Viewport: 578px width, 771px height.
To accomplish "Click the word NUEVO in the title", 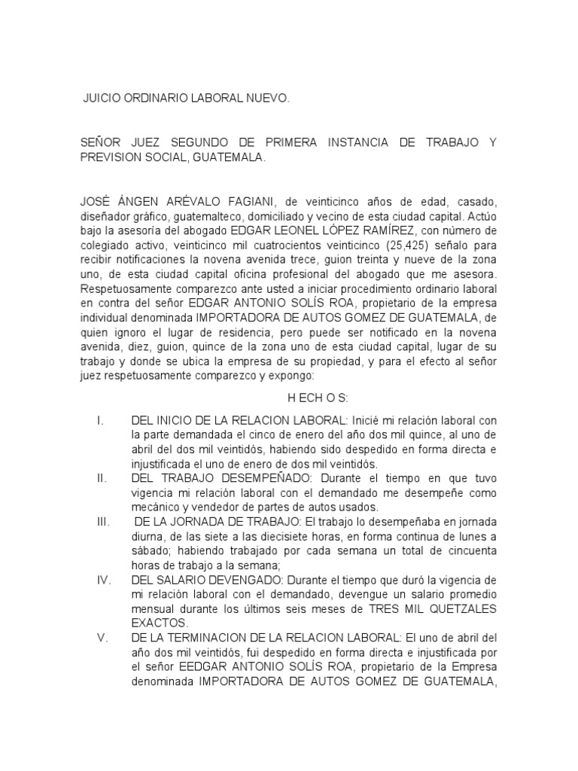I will point(266,99).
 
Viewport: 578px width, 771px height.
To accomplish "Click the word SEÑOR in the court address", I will point(101,142).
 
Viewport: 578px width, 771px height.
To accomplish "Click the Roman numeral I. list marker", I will point(99,420).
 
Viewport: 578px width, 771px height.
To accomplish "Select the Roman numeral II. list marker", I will point(101,478).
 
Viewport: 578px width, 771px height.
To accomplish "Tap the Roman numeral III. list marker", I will point(102,522).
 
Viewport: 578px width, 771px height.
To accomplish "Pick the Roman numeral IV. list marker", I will point(103,580).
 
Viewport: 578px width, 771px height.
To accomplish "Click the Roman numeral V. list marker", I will point(102,638).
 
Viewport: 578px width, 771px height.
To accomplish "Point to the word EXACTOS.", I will point(157,623).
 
